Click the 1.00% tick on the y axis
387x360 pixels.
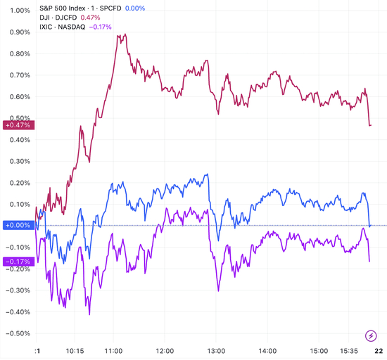tap(17, 11)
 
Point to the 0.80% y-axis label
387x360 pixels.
tap(17, 53)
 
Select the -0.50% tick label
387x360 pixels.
tap(15, 333)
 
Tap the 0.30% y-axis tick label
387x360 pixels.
tap(17, 161)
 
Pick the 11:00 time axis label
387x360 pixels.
tap(113, 350)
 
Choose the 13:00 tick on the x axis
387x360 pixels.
tap(216, 350)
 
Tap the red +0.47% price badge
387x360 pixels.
tap(16, 125)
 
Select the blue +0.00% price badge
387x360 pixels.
tap(16, 225)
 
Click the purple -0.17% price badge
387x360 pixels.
tap(16, 262)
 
